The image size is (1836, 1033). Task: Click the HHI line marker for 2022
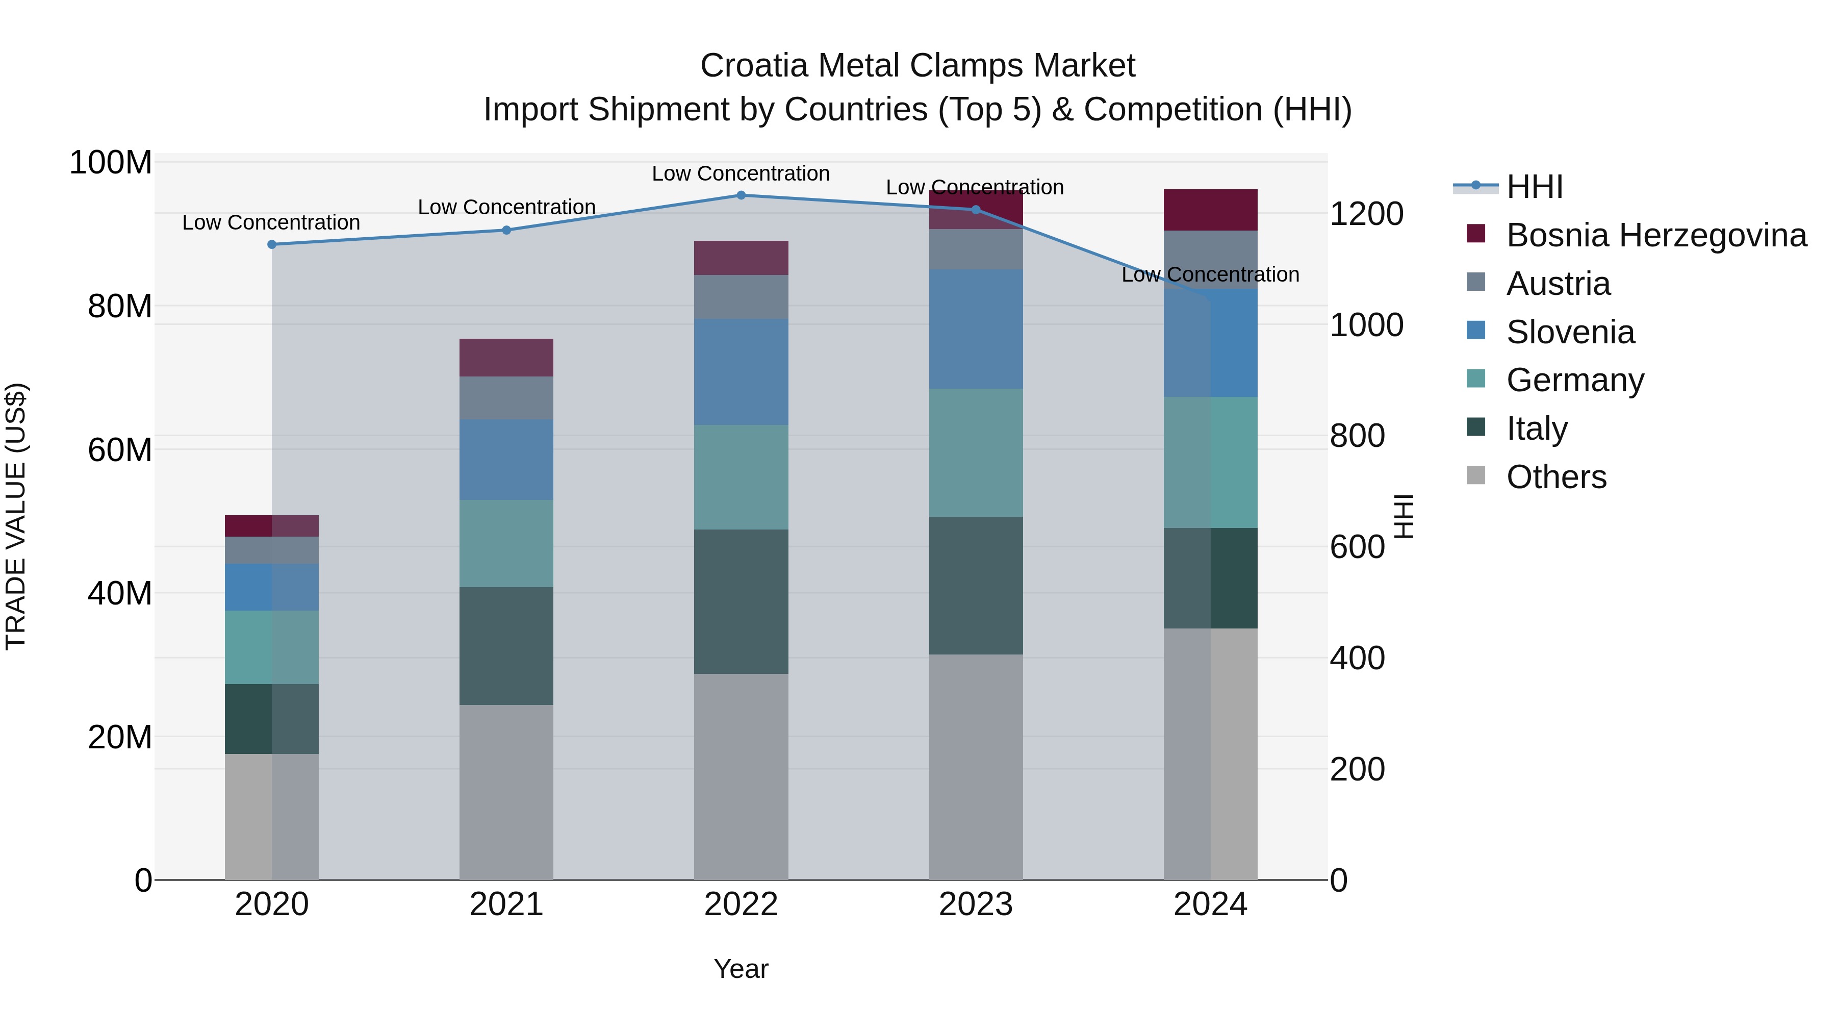(741, 195)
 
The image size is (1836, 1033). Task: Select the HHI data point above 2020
(271, 244)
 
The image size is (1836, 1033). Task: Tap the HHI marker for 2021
(506, 230)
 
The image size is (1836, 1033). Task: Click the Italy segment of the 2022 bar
(741, 602)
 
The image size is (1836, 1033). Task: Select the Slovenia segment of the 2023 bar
(975, 330)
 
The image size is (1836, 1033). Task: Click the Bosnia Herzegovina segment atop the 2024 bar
(1210, 210)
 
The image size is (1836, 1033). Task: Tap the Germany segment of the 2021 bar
(506, 543)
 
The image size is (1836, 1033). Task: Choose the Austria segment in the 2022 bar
(741, 297)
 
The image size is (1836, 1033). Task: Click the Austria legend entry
(1558, 284)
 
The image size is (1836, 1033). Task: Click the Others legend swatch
(1476, 475)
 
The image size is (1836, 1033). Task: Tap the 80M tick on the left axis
(120, 307)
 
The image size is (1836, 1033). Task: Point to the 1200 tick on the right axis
(1366, 214)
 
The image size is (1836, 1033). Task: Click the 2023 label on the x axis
(975, 904)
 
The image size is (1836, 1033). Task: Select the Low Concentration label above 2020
(271, 222)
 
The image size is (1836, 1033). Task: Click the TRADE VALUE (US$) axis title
(16, 516)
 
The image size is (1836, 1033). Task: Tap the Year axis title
(741, 969)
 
